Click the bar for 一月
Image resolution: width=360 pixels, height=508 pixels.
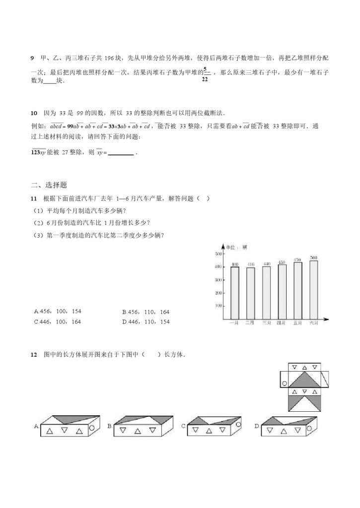(235, 292)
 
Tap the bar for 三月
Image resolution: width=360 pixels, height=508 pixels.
(266, 292)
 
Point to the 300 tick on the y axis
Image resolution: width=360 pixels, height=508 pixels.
(217, 280)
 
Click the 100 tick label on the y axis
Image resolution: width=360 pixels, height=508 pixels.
(217, 306)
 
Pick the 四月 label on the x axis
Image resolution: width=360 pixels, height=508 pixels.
(282, 323)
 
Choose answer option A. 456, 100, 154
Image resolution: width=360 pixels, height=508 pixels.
(58, 312)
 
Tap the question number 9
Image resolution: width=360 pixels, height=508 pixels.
(32, 58)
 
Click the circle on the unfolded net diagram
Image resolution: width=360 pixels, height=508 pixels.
(285, 383)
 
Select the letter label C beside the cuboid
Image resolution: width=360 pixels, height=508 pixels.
(183, 426)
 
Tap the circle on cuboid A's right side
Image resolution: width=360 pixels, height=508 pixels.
(93, 428)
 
